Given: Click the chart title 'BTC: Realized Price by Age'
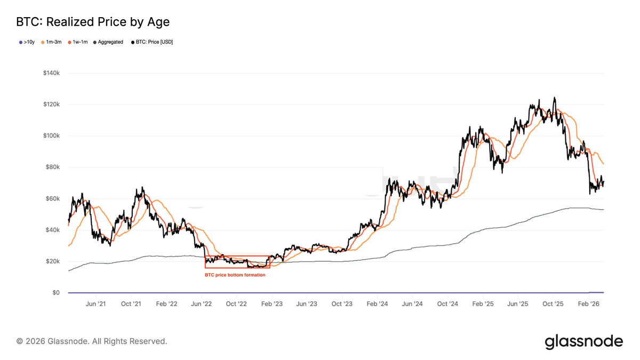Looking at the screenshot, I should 93,22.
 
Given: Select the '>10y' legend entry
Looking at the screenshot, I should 27,42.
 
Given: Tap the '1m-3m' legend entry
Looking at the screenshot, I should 52,42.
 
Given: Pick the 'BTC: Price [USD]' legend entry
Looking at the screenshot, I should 152,42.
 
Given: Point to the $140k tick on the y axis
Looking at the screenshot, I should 52,73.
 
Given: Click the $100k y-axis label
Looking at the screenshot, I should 52,135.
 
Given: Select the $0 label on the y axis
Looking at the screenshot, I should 56,293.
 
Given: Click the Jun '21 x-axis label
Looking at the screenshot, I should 95,304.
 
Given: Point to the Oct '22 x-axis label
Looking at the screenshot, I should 236,304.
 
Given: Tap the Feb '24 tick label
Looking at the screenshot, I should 377,304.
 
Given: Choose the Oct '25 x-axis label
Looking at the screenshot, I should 553,304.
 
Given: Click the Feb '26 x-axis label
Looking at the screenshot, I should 588,304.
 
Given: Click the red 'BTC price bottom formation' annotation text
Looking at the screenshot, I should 235,275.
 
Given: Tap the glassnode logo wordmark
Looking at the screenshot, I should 583,341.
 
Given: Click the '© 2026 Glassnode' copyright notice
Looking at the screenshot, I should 92,341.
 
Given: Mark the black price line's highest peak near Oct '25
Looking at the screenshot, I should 555,98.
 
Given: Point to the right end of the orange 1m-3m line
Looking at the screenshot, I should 604,164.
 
